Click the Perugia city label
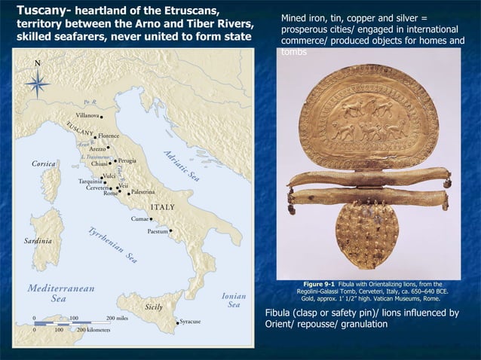click(127, 160)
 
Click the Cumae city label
click(139, 218)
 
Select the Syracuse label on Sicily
click(190, 322)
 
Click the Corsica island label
click(47, 163)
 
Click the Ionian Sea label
click(234, 301)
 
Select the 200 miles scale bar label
click(121, 318)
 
